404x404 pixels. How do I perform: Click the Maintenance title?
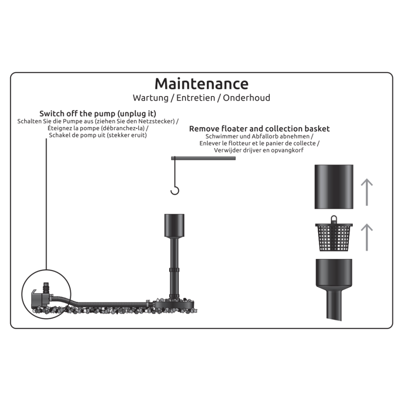pos(202,84)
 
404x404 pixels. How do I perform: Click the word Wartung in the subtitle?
pos(151,98)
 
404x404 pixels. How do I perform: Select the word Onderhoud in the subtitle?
pos(246,98)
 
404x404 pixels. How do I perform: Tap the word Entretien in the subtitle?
pos(196,98)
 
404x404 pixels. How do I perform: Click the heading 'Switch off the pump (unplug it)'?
pos(98,114)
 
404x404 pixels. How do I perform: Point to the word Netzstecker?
pos(156,121)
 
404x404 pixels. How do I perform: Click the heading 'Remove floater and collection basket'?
pos(259,129)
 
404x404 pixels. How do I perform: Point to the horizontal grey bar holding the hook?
pos(203,158)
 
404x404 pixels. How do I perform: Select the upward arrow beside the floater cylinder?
pos(367,192)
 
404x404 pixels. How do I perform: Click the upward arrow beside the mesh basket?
pos(367,237)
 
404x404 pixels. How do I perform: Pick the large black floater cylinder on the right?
pos(334,187)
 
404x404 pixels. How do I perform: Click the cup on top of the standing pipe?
pos(175,225)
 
